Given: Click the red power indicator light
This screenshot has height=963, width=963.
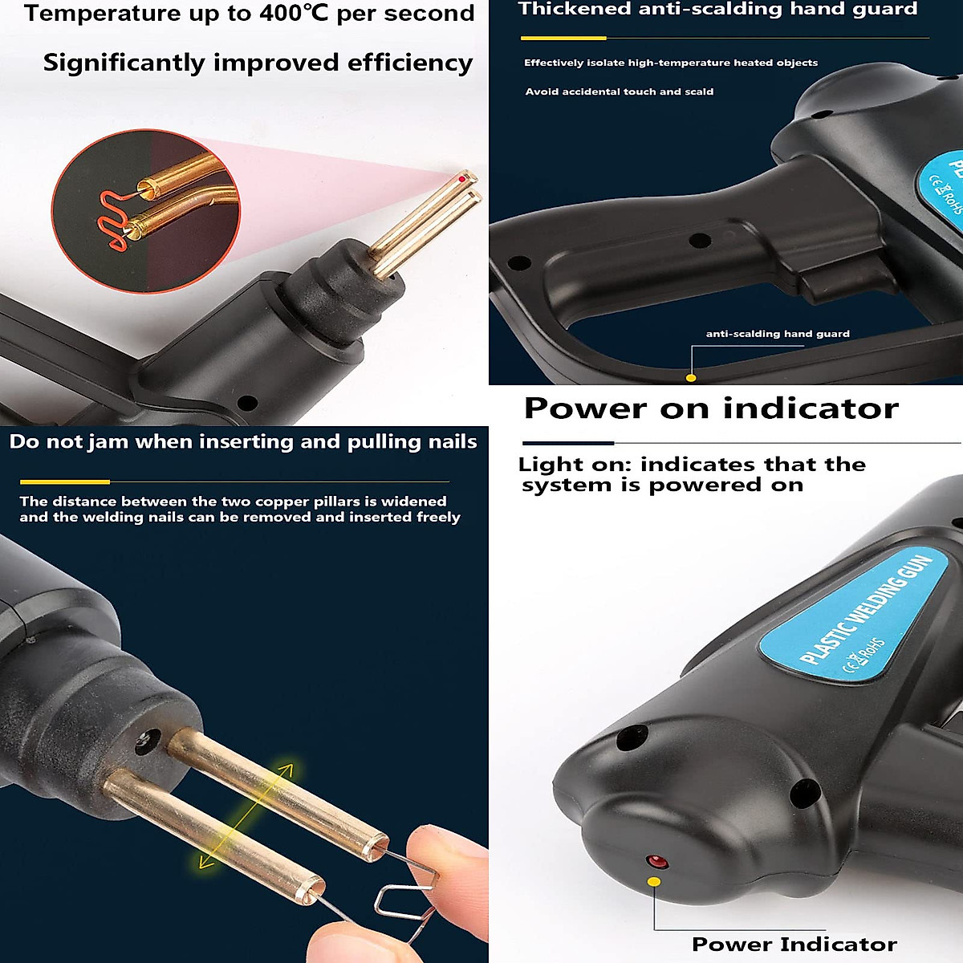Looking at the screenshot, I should point(657,862).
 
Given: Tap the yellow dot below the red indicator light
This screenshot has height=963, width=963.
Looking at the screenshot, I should point(654,882).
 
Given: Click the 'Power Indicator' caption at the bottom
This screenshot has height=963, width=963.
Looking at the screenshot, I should point(794,944).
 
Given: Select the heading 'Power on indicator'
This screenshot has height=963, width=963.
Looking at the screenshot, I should point(711,408).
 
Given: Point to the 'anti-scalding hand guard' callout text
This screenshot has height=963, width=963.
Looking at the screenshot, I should point(777,334).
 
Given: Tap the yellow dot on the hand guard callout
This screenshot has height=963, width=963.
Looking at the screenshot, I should point(691,377).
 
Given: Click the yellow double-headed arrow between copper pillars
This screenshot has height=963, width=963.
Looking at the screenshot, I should point(246,815).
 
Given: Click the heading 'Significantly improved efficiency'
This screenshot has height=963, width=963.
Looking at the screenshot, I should point(258,63).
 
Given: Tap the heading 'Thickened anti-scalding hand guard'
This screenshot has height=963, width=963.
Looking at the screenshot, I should point(717,10).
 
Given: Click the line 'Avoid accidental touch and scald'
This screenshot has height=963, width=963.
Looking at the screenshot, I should point(619,91).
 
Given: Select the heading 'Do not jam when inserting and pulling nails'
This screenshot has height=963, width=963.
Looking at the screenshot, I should point(243,441).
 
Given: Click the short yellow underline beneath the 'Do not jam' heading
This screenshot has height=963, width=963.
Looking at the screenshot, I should point(65,481).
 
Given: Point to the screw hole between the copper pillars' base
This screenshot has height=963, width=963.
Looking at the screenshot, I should point(146,743).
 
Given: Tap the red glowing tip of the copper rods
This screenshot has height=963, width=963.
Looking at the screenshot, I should point(463,179).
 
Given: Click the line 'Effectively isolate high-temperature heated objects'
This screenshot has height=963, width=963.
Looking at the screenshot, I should point(671,63).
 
